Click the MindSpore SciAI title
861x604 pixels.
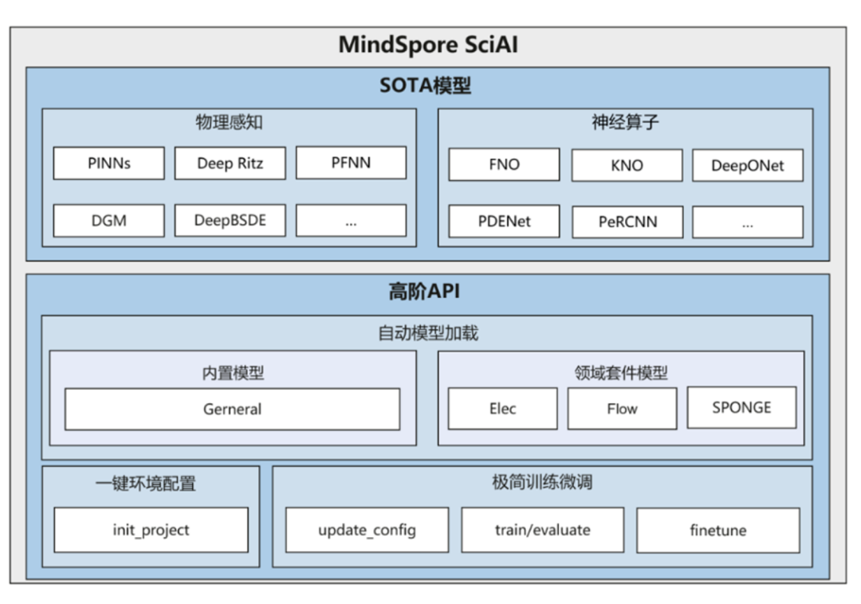(428, 45)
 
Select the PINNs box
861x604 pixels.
(108, 163)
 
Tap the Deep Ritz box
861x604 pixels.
(230, 163)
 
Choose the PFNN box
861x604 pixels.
(351, 163)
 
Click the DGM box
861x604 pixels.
(108, 221)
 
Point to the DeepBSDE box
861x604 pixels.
(230, 221)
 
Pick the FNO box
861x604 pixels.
(503, 164)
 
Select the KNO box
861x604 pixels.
(626, 166)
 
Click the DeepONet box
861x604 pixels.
(747, 166)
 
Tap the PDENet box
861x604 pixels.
(503, 222)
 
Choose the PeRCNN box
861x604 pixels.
(627, 222)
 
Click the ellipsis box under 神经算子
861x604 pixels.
(747, 222)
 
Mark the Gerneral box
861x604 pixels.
(232, 410)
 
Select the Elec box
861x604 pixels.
(502, 409)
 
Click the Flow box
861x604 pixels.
(622, 409)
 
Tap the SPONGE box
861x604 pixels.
(741, 407)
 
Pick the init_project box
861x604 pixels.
(151, 530)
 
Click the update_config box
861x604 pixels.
(367, 530)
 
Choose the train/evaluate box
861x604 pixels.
(542, 530)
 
